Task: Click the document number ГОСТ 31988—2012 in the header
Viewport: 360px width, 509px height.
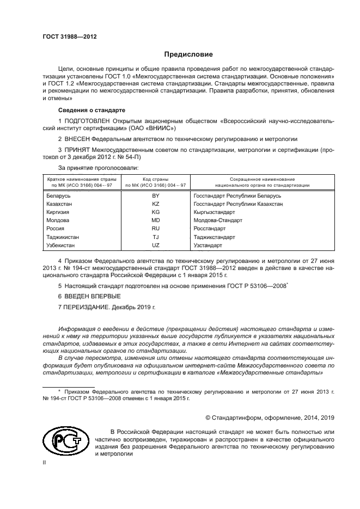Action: tap(69, 37)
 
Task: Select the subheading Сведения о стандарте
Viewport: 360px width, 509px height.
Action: tap(84, 110)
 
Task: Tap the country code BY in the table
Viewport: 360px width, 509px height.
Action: tap(156, 195)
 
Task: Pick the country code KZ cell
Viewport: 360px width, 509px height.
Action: tap(156, 204)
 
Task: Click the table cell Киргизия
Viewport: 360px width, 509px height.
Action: tap(58, 212)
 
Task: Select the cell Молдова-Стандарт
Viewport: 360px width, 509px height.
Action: tap(218, 220)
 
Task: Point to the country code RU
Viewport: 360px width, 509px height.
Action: tap(156, 229)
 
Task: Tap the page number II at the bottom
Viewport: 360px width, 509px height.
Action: tap(45, 462)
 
